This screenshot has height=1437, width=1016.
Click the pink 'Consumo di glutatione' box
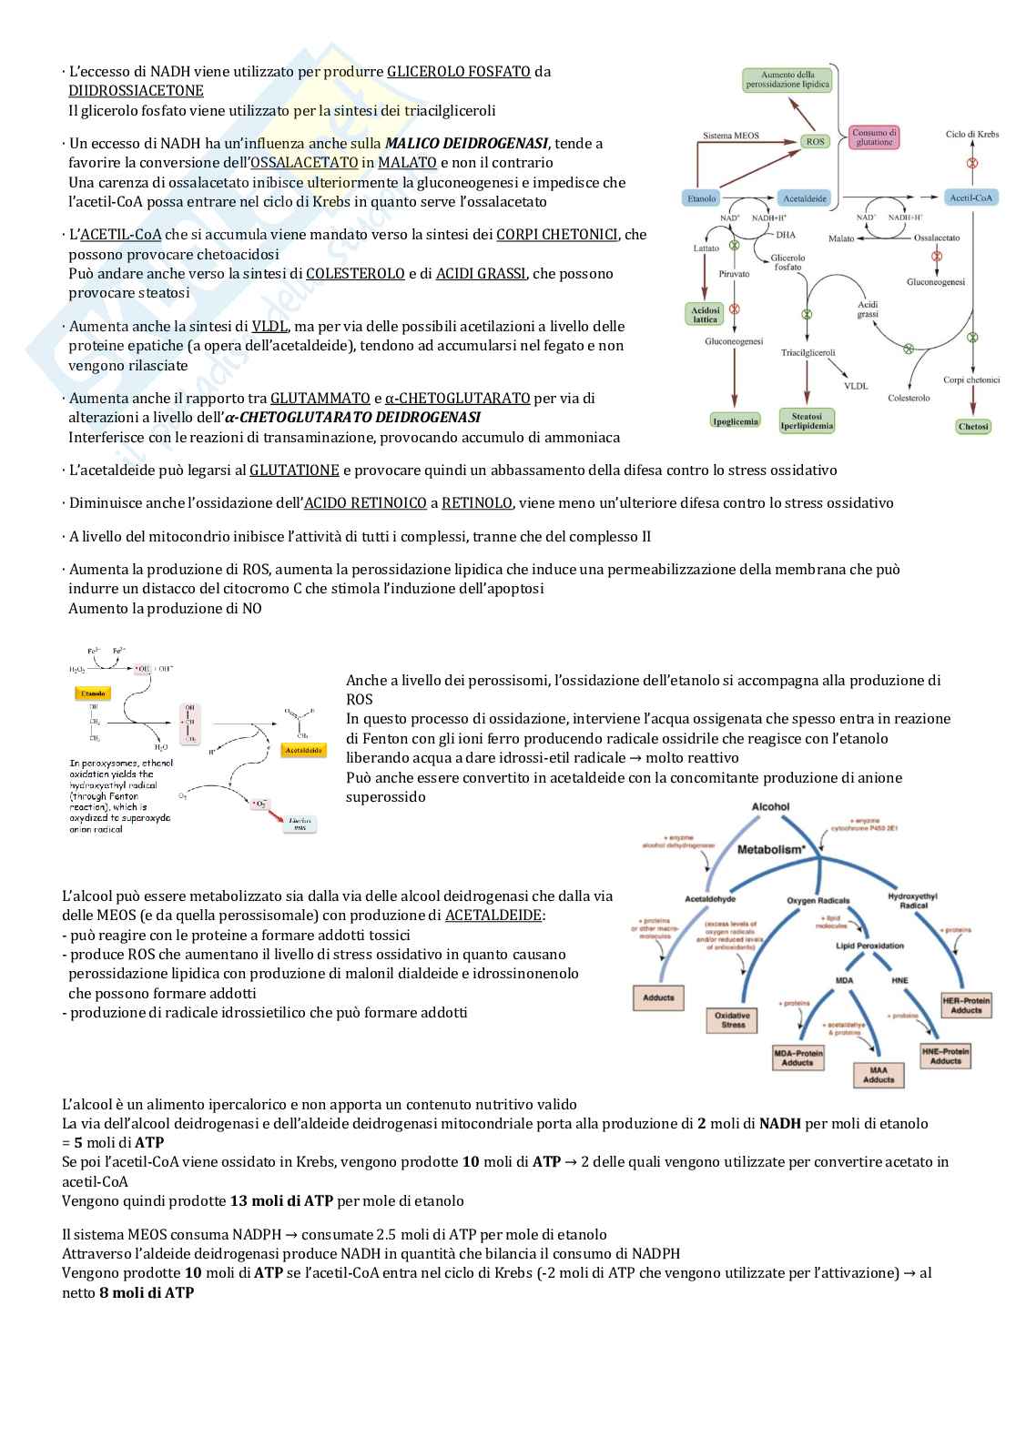pos(874,137)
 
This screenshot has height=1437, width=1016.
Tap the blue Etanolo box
pos(702,197)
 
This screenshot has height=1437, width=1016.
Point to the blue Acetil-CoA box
pos(972,197)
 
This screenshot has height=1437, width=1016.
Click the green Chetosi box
pos(973,426)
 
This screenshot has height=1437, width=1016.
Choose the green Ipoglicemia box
pos(735,420)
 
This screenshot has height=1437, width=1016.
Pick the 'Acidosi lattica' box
pos(706,314)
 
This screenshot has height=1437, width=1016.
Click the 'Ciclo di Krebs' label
pos(972,135)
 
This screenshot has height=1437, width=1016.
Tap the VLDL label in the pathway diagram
pos(856,386)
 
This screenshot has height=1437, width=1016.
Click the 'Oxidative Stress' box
pos(733,1019)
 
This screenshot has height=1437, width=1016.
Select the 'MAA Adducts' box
pos(879,1074)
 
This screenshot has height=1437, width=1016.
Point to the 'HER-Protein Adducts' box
pos(966,1005)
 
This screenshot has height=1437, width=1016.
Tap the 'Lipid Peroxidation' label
pos(869,946)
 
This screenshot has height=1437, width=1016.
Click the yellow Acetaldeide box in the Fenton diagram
pos(304,751)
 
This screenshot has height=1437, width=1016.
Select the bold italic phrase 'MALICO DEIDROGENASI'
pos(466,143)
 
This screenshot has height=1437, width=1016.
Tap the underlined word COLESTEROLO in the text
pos(355,273)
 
